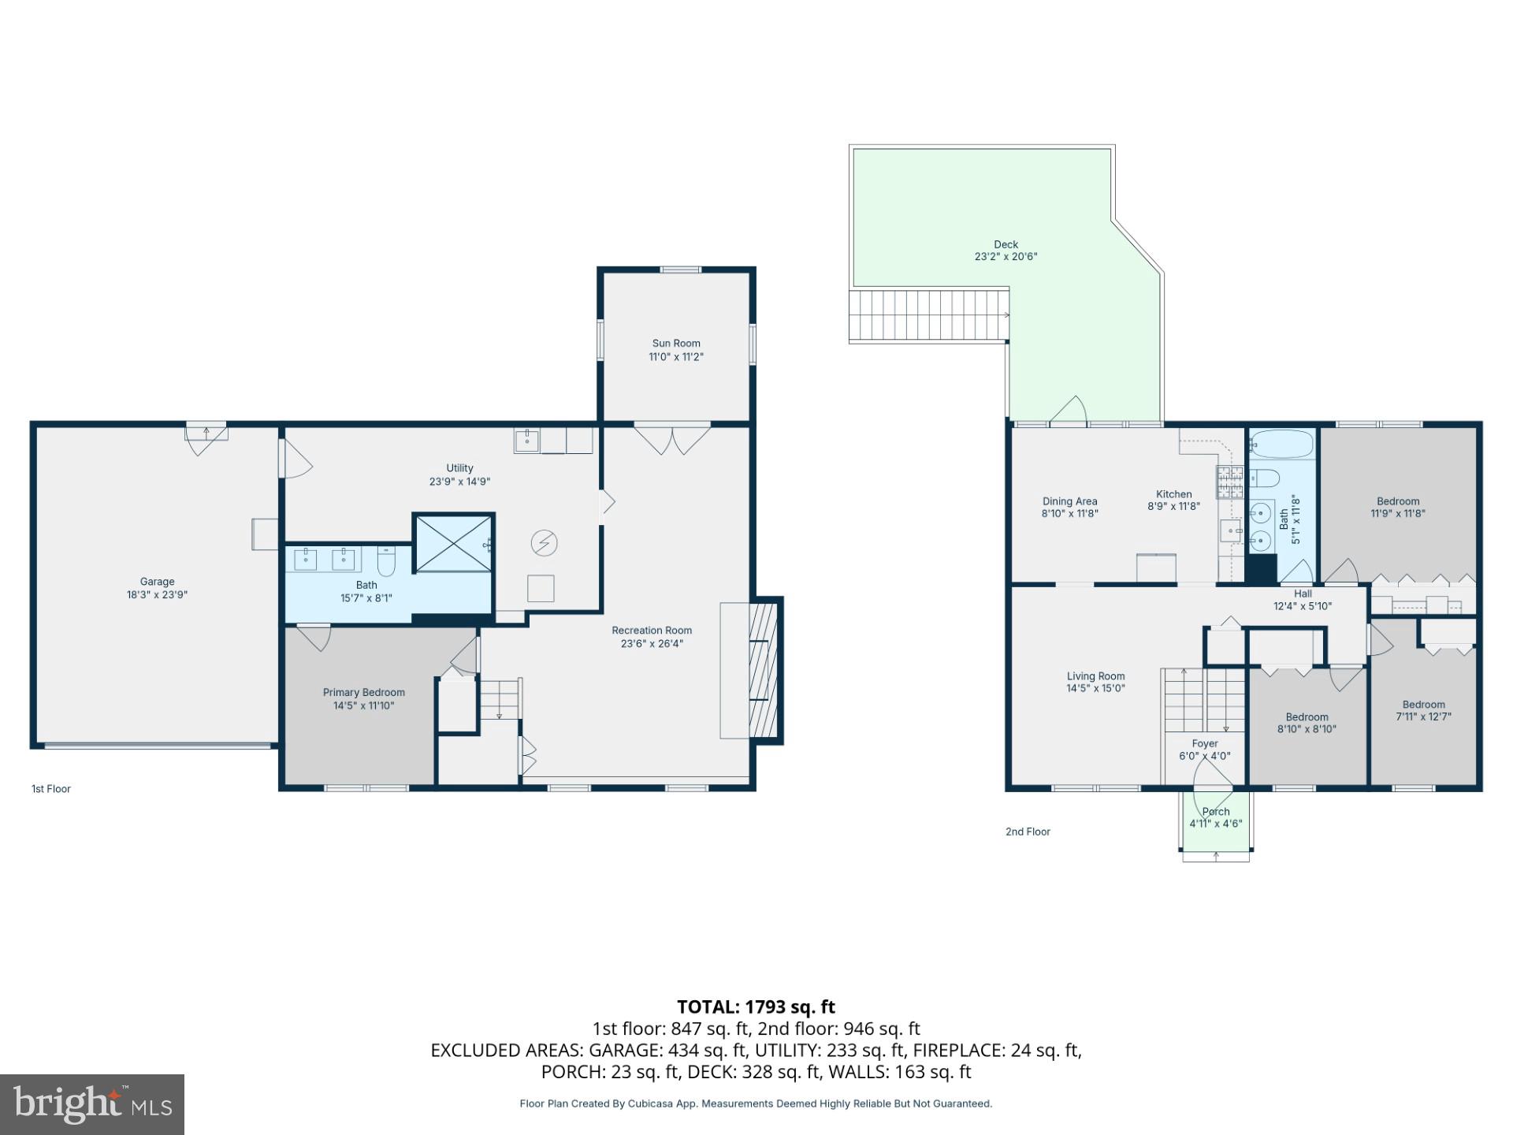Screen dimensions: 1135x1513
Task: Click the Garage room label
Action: point(157,582)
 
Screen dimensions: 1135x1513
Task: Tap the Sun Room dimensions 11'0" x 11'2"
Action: point(675,357)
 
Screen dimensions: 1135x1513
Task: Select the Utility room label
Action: point(459,468)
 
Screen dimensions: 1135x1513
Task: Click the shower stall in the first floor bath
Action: point(453,542)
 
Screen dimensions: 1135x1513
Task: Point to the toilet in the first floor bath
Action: point(386,561)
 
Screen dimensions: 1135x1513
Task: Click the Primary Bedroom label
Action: point(363,693)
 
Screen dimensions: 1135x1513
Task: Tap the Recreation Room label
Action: point(652,631)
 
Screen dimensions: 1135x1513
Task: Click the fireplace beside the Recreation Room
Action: point(763,670)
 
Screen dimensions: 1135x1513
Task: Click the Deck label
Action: point(1006,244)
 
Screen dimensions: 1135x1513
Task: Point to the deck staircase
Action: point(928,315)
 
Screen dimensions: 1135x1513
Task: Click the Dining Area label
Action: point(1069,501)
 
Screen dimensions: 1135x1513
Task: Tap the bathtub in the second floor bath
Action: point(1282,445)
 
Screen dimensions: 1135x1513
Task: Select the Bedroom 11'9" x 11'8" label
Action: point(1397,501)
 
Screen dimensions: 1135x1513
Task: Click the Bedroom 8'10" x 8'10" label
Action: point(1307,717)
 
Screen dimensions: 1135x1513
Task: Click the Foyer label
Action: point(1204,743)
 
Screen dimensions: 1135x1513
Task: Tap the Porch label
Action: point(1216,812)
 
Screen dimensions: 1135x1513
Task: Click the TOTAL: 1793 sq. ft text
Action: point(756,1007)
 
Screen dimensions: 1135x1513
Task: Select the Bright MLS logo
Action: point(92,1104)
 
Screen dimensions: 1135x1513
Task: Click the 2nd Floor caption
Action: point(1028,832)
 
